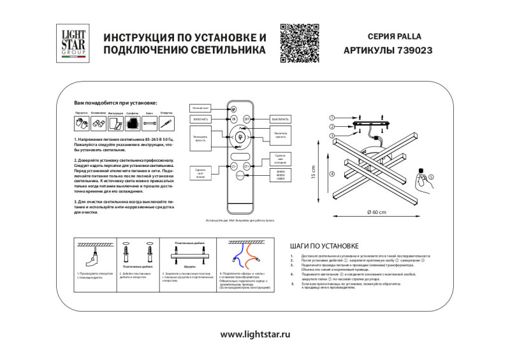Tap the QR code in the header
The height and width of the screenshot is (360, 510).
(298, 43)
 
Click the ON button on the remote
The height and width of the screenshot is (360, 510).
(233, 119)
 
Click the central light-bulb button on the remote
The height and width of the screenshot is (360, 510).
(240, 136)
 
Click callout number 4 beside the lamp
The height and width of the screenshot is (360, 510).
(331, 174)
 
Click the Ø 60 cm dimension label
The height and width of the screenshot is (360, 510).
(377, 212)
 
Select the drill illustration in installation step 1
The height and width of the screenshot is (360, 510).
(93, 257)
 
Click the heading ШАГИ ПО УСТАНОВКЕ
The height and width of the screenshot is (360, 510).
(324, 245)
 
